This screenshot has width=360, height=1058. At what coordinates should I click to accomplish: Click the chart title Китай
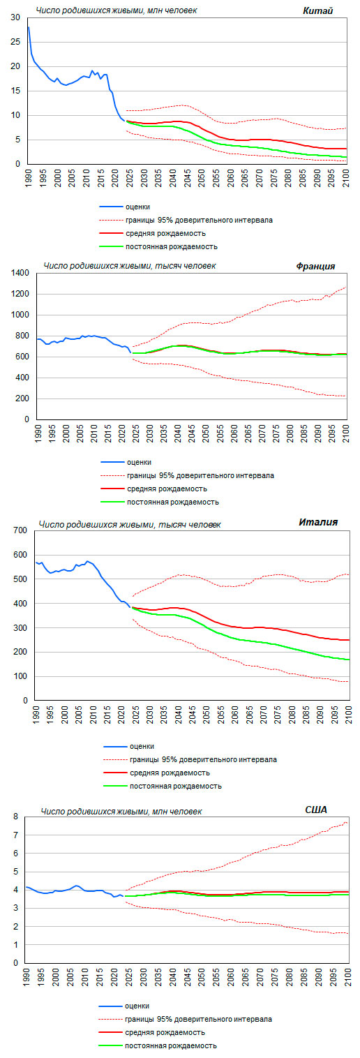point(318,10)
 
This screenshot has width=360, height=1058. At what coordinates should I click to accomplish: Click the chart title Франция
point(315,267)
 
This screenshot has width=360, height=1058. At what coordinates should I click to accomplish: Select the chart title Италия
point(318,522)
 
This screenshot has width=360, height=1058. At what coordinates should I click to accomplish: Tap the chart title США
point(316,810)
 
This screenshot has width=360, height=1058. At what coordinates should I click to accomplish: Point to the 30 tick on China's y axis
point(15,17)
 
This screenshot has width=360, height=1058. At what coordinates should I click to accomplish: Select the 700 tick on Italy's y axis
point(20,530)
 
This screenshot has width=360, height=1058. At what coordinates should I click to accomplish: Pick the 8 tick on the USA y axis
point(15,816)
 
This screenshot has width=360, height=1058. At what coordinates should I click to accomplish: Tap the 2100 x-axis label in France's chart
point(345,433)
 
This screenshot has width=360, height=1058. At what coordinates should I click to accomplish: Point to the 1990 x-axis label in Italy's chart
point(36,715)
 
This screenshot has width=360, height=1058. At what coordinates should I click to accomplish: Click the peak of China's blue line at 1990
point(29,27)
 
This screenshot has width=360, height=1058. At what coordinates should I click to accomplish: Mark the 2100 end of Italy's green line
point(349,660)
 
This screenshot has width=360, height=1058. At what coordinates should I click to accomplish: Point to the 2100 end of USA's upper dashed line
point(347,823)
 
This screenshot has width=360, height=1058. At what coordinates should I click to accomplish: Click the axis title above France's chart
point(130,266)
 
